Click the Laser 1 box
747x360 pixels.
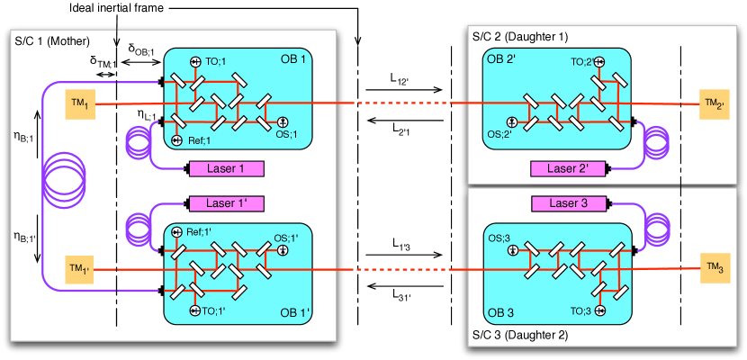coord(225,168)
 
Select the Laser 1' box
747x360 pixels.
coord(225,203)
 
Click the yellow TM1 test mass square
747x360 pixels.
coord(80,104)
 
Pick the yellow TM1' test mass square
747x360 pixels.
coord(80,269)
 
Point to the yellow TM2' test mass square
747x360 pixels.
coord(715,104)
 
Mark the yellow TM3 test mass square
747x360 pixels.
coord(715,269)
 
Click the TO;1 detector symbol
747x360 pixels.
coord(194,61)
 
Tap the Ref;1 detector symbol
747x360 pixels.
coord(177,139)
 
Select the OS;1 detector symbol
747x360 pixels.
coord(281,122)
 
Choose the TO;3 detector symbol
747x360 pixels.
coord(599,310)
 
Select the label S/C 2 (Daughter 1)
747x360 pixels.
coord(519,37)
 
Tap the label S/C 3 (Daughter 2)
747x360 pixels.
coord(519,335)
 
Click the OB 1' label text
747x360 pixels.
coord(294,312)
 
